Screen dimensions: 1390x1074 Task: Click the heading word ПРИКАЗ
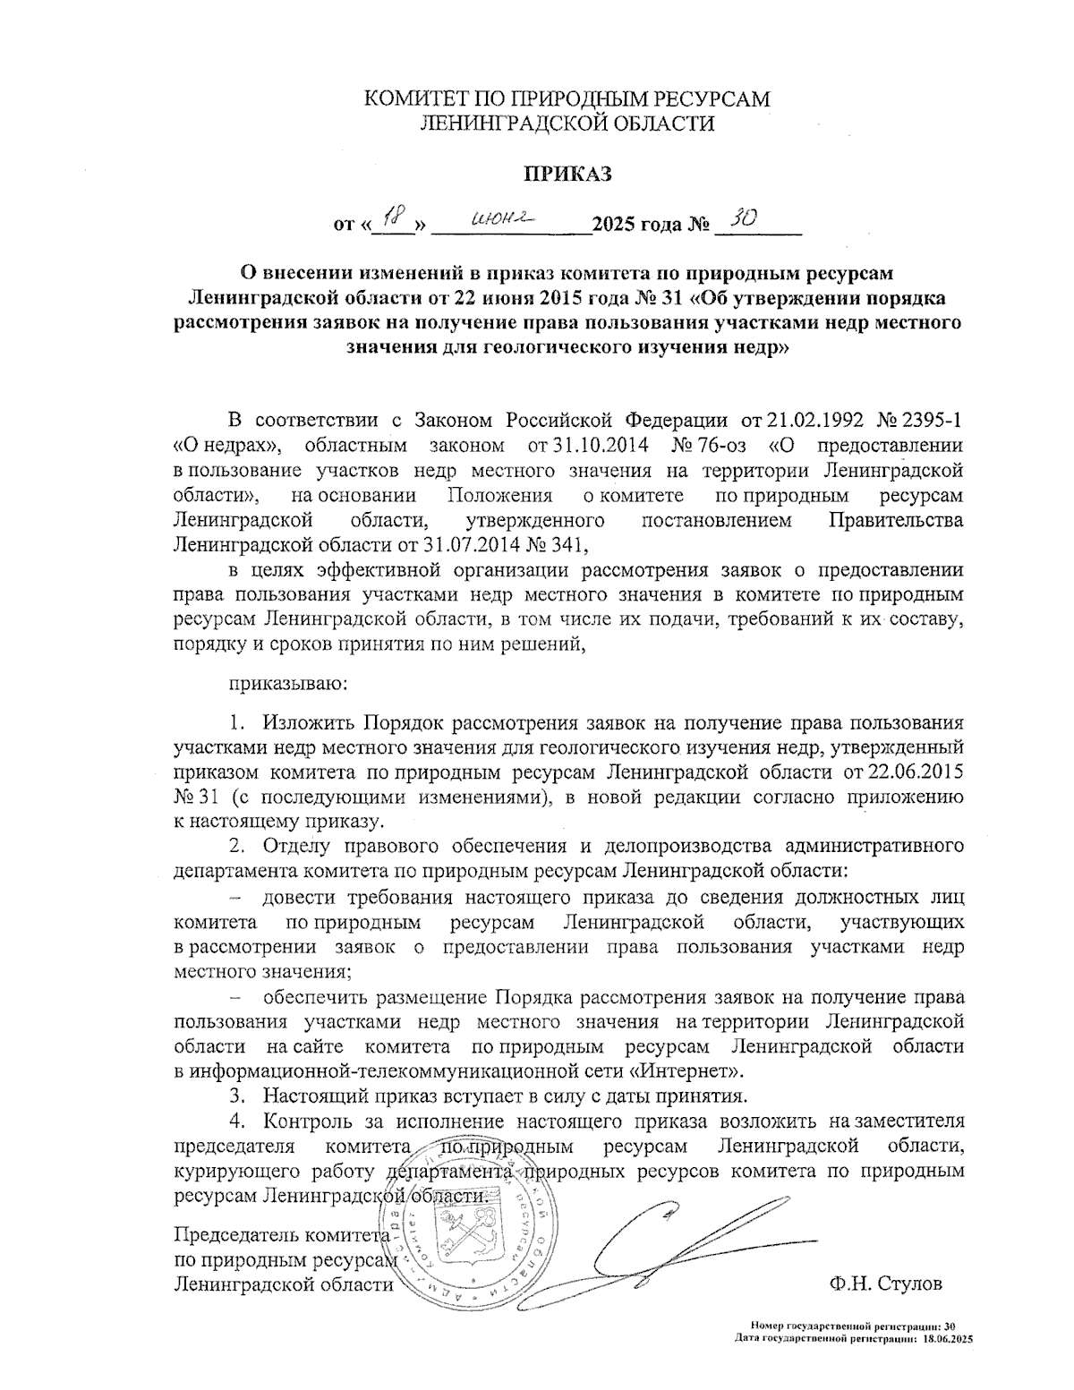pyautogui.click(x=567, y=174)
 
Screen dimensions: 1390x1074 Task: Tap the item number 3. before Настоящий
pyautogui.click(x=237, y=1096)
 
